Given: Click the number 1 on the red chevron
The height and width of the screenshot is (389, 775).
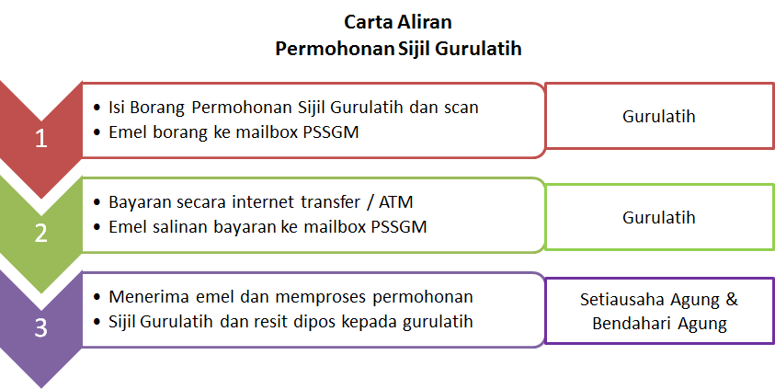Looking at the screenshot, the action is (x=41, y=139).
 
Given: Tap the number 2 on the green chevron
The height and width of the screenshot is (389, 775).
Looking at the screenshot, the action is (x=41, y=234).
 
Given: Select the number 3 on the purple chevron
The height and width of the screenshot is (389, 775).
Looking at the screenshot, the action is (x=41, y=327).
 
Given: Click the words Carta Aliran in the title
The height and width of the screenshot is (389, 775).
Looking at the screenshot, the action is (x=398, y=22).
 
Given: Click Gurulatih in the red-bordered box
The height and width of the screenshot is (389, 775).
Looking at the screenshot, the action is (x=659, y=116).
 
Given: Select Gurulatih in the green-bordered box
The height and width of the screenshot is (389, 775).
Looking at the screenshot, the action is (x=659, y=217).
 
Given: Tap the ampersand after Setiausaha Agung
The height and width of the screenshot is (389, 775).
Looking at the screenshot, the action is (x=732, y=300).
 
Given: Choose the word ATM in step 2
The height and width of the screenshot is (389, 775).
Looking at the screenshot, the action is (x=396, y=202).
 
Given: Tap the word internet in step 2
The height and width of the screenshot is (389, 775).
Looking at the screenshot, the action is (x=264, y=202).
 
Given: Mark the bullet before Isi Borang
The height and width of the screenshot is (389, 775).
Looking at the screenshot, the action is (x=97, y=108).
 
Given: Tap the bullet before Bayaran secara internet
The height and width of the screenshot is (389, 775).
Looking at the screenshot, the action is (x=97, y=202).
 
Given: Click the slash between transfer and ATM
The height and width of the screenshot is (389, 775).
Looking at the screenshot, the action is (x=370, y=202).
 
